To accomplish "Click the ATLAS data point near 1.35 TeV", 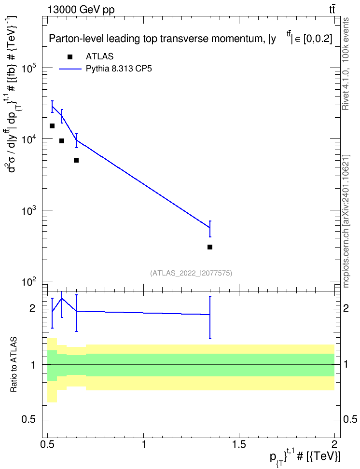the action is point(210,247).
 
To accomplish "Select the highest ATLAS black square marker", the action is point(52,126).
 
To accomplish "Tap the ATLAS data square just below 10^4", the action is point(62,141).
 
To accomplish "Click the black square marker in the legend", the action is point(70,57).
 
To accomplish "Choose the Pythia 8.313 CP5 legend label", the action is point(119,69).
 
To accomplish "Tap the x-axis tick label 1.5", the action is point(239,444).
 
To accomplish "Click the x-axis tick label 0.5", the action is point(48,444).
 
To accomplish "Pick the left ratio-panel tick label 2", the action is point(32,308).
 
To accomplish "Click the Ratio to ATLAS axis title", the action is point(14,365).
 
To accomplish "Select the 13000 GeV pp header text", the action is point(81,10).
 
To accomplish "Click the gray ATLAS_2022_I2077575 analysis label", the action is point(191,273).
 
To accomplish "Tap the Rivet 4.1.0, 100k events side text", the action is point(346,64).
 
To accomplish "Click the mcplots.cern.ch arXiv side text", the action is point(346,221).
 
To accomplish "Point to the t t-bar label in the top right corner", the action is point(332,9).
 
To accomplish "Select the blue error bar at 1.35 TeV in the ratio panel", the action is point(210,317).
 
